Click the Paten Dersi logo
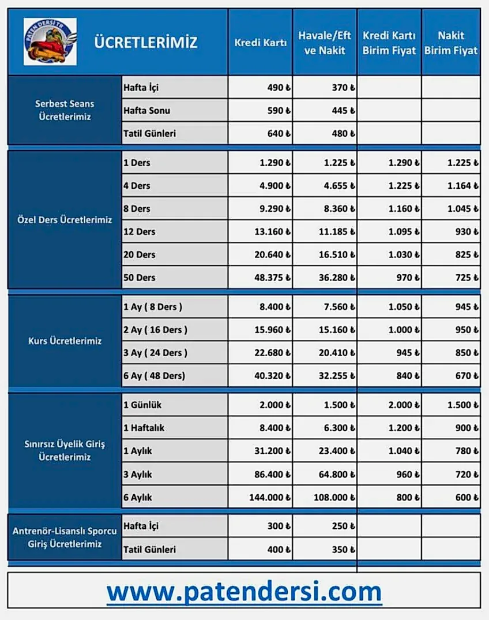click(50, 42)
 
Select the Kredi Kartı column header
click(260, 43)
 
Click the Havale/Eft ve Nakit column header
click(325, 43)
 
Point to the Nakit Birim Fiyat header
click(451, 43)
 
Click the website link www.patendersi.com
click(244, 592)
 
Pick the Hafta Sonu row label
click(146, 110)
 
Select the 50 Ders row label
click(140, 278)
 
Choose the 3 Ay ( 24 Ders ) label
click(155, 353)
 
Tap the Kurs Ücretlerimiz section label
click(65, 341)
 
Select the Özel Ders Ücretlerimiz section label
click(65, 220)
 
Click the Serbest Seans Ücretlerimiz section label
click(65, 110)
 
